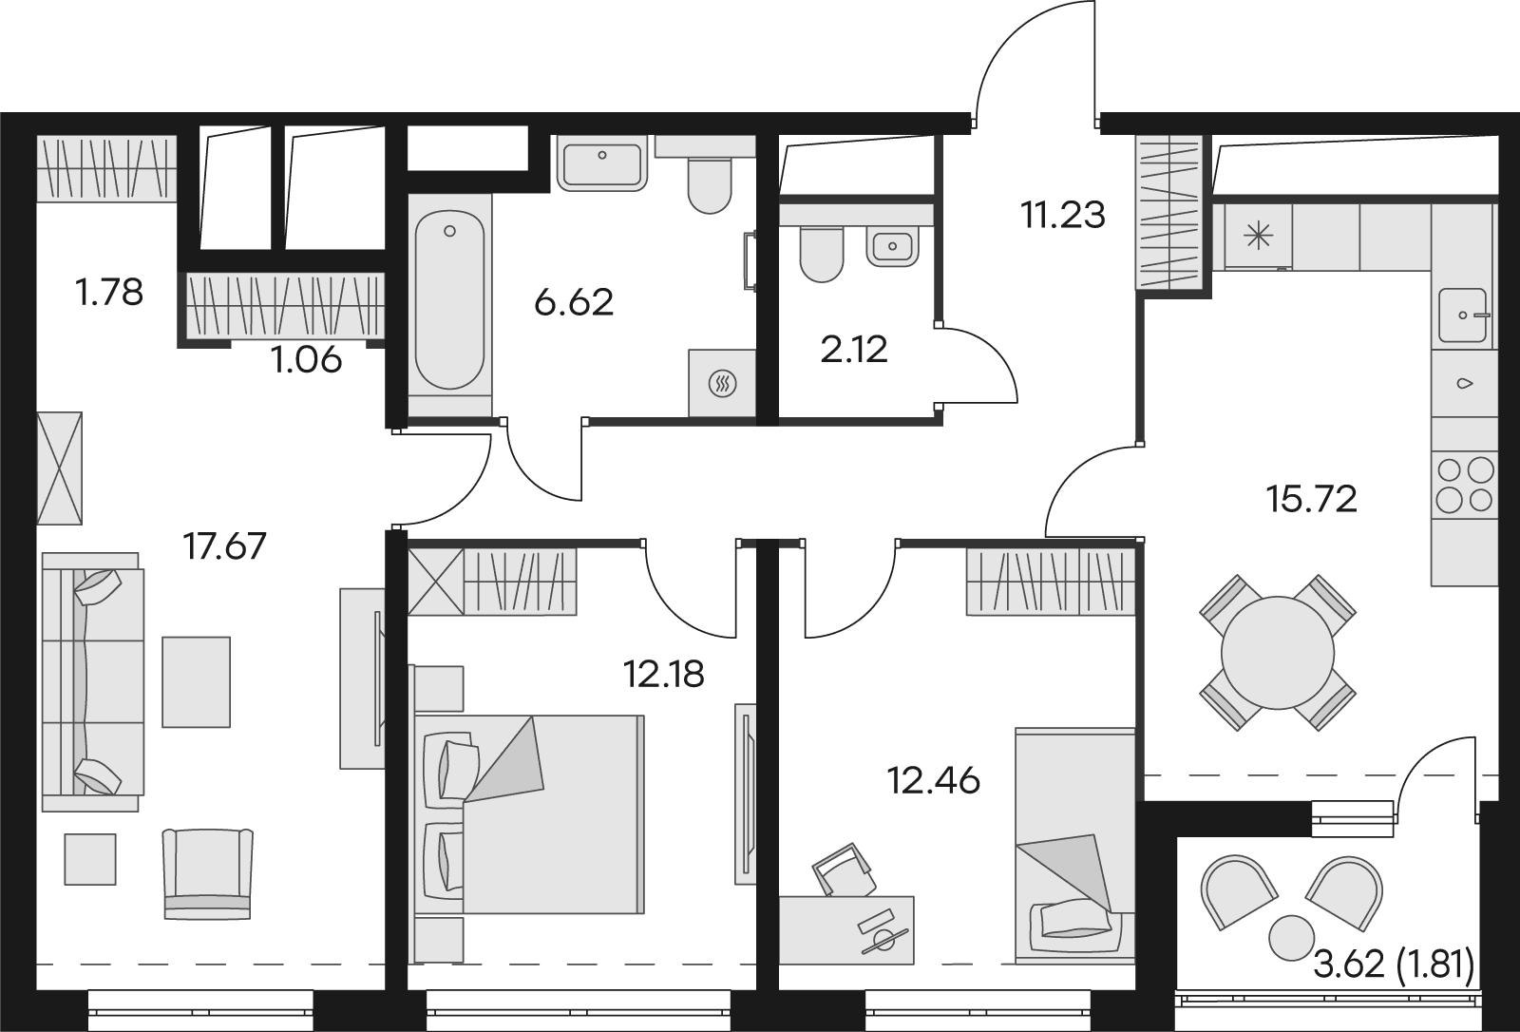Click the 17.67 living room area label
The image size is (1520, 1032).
coord(224,546)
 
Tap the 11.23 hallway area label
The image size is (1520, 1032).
coord(1063,215)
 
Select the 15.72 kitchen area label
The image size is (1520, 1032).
coord(1311,500)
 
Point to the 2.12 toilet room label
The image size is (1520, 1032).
coord(854,351)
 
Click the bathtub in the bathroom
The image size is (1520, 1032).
coord(450,299)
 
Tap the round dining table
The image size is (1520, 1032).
coord(1278,653)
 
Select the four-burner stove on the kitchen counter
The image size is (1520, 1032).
coord(1464,484)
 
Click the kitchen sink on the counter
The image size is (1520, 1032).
coord(1464,315)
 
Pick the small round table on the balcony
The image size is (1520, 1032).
coord(1291,938)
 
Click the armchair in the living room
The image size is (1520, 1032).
coord(208,874)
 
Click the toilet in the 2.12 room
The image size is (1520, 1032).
coord(823,255)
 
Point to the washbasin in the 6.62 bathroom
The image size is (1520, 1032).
coord(602,162)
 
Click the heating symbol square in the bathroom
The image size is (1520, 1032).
coord(722,384)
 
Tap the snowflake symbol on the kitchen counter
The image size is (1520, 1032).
coord(1258,237)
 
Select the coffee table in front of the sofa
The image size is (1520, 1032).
coord(196,681)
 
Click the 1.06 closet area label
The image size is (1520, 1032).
coord(306,360)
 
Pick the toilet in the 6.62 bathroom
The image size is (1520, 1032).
coord(710,184)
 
